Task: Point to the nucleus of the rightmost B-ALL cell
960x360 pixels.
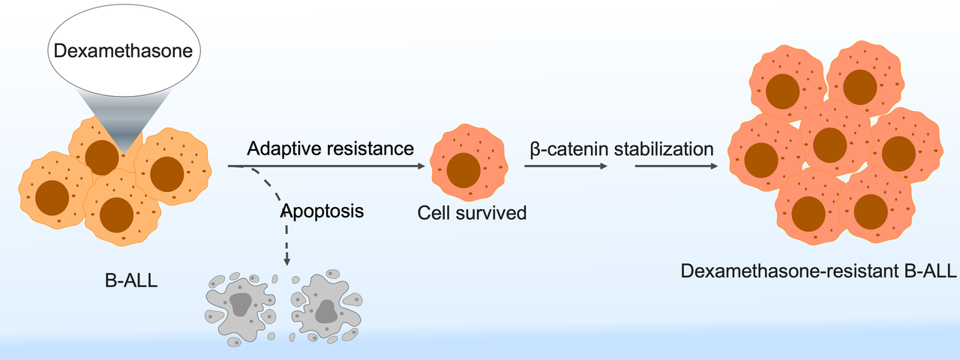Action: point(166,173)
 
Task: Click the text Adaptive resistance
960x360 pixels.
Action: point(330,148)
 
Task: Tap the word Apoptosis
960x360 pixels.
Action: point(322,211)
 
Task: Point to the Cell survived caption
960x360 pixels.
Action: point(472,213)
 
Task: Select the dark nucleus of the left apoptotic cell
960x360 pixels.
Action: point(240,304)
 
